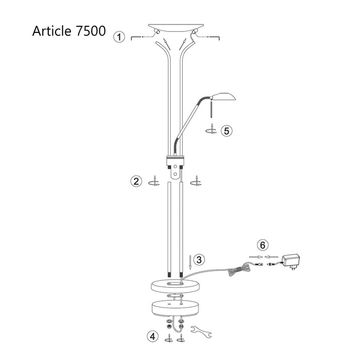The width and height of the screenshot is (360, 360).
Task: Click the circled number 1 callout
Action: [119, 37]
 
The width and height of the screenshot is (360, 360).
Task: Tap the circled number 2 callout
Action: [136, 181]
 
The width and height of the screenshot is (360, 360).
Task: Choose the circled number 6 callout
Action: [262, 244]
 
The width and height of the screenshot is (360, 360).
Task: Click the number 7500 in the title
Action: [87, 30]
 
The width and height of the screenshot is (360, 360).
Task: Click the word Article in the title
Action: [49, 30]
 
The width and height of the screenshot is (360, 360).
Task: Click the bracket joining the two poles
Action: [175, 164]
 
